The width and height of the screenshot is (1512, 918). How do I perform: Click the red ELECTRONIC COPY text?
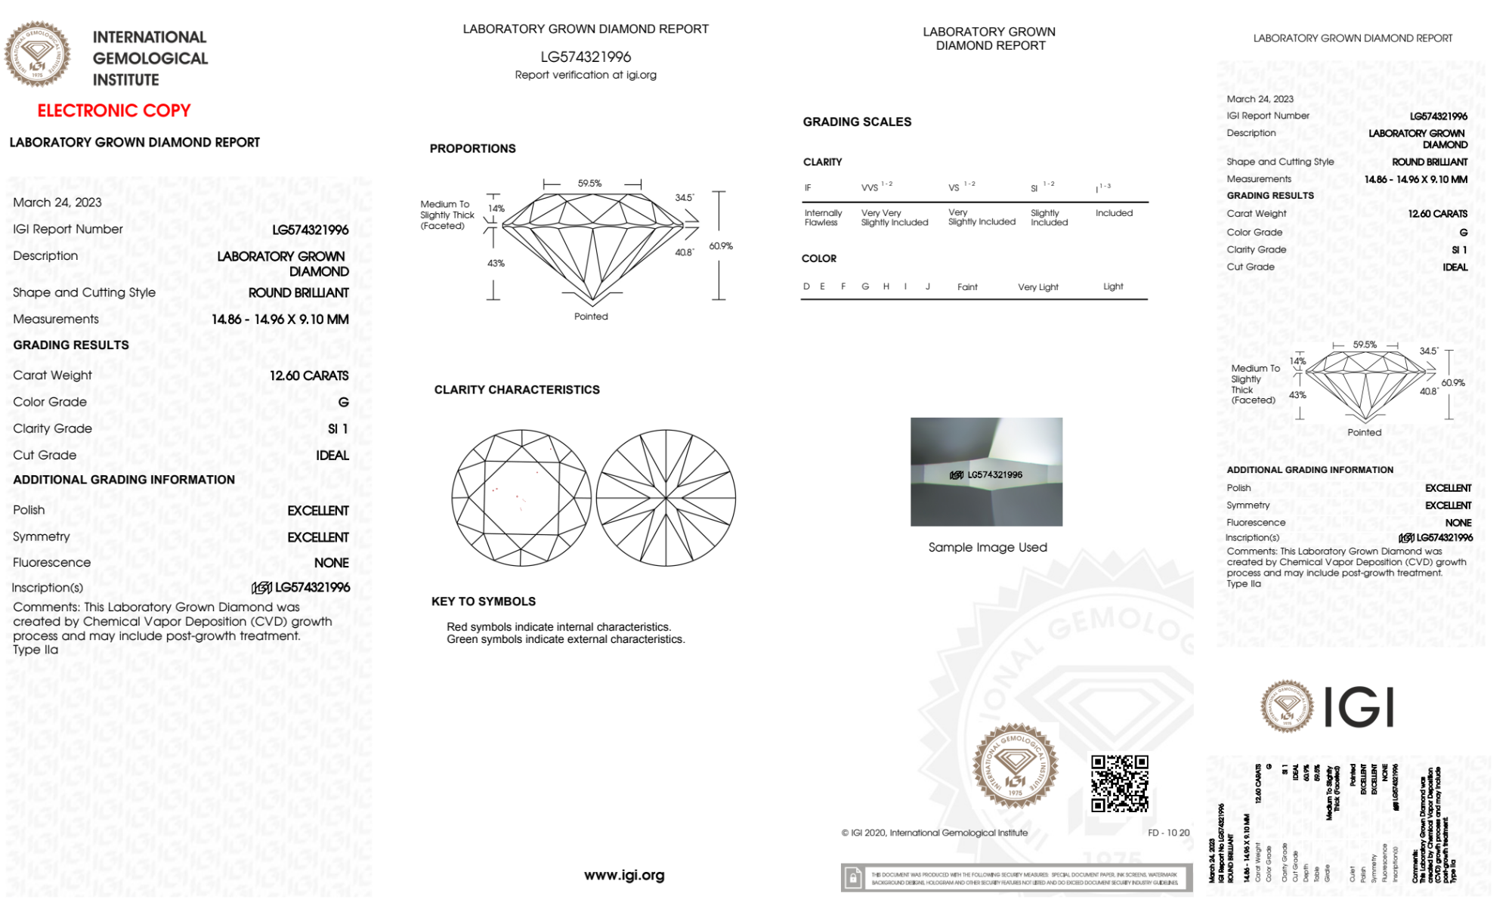click(x=114, y=111)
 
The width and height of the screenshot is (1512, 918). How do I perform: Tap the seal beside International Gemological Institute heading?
click(x=37, y=54)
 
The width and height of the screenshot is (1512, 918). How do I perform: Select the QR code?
click(x=1119, y=784)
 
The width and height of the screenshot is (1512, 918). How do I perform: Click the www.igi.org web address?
click(x=624, y=875)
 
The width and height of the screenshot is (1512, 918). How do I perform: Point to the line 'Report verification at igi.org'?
click(x=586, y=75)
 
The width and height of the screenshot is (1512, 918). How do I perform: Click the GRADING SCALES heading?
click(x=857, y=122)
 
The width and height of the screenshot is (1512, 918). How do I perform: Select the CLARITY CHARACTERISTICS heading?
click(x=517, y=390)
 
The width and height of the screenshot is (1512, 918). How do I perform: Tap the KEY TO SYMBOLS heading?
click(x=484, y=601)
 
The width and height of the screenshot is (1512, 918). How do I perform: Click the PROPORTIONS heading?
click(x=473, y=149)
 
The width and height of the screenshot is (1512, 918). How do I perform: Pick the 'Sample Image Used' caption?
click(x=988, y=547)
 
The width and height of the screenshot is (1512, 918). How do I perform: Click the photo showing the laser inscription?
click(x=986, y=471)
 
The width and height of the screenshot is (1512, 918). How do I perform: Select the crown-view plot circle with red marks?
click(x=521, y=498)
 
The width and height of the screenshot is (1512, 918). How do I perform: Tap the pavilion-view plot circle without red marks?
click(x=666, y=498)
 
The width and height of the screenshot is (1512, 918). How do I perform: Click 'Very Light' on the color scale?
click(x=1037, y=287)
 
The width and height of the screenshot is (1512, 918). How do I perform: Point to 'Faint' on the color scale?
click(x=967, y=287)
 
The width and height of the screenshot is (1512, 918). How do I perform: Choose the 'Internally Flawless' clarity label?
click(x=823, y=218)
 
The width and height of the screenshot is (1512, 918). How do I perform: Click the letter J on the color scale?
click(x=928, y=286)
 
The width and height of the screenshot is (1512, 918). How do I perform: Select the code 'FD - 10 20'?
click(x=1168, y=833)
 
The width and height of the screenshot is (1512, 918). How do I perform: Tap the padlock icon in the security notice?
click(x=853, y=878)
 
